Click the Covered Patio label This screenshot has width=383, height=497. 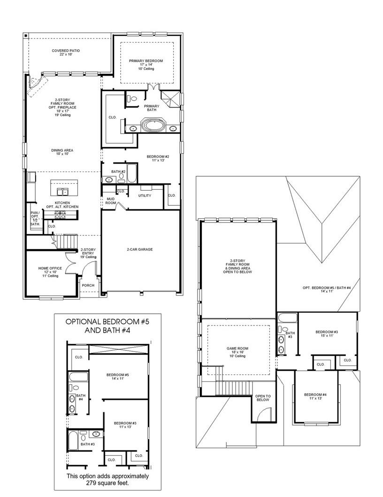pyautogui.click(x=65, y=52)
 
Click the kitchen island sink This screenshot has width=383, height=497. pyautogui.click(x=62, y=191)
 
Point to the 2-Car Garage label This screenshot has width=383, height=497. pyautogui.click(x=139, y=249)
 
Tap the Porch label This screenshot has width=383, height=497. pyautogui.click(x=88, y=285)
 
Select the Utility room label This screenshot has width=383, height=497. pyautogui.click(x=145, y=195)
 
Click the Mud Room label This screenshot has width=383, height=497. pyautogui.click(x=110, y=201)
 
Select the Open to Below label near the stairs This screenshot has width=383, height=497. pyautogui.click(x=262, y=397)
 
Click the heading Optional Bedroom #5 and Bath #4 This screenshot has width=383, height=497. pyautogui.click(x=108, y=326)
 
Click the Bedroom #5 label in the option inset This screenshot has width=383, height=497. pyautogui.click(x=117, y=376)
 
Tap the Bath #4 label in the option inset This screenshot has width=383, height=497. pyautogui.click(x=80, y=398)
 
